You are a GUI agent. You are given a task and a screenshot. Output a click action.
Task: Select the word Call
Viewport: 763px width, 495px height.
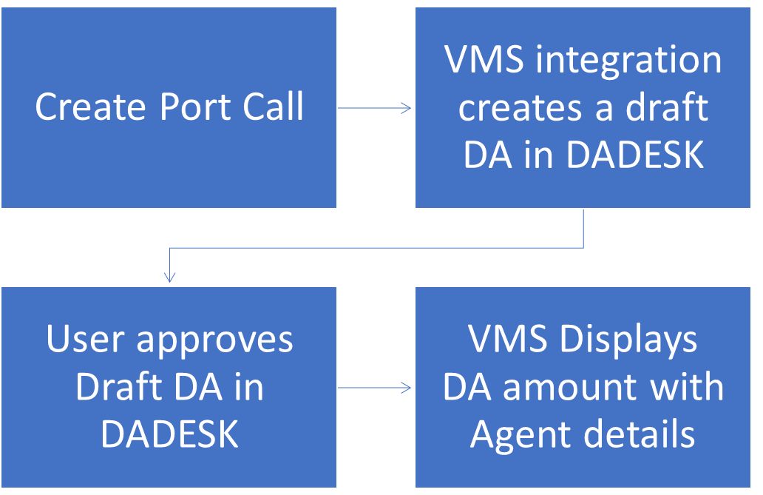coord(273,107)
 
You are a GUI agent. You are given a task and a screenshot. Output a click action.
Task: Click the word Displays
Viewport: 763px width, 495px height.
coord(628,340)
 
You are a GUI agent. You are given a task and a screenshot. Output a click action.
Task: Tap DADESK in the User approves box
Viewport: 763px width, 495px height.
coord(170,434)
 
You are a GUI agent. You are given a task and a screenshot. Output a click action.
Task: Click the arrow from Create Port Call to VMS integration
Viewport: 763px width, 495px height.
coord(375,108)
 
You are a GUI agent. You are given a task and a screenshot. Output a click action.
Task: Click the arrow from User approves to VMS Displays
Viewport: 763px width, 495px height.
coord(375,387)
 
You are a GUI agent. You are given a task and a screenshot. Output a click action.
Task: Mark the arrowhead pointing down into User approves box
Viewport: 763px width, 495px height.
coord(170,277)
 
